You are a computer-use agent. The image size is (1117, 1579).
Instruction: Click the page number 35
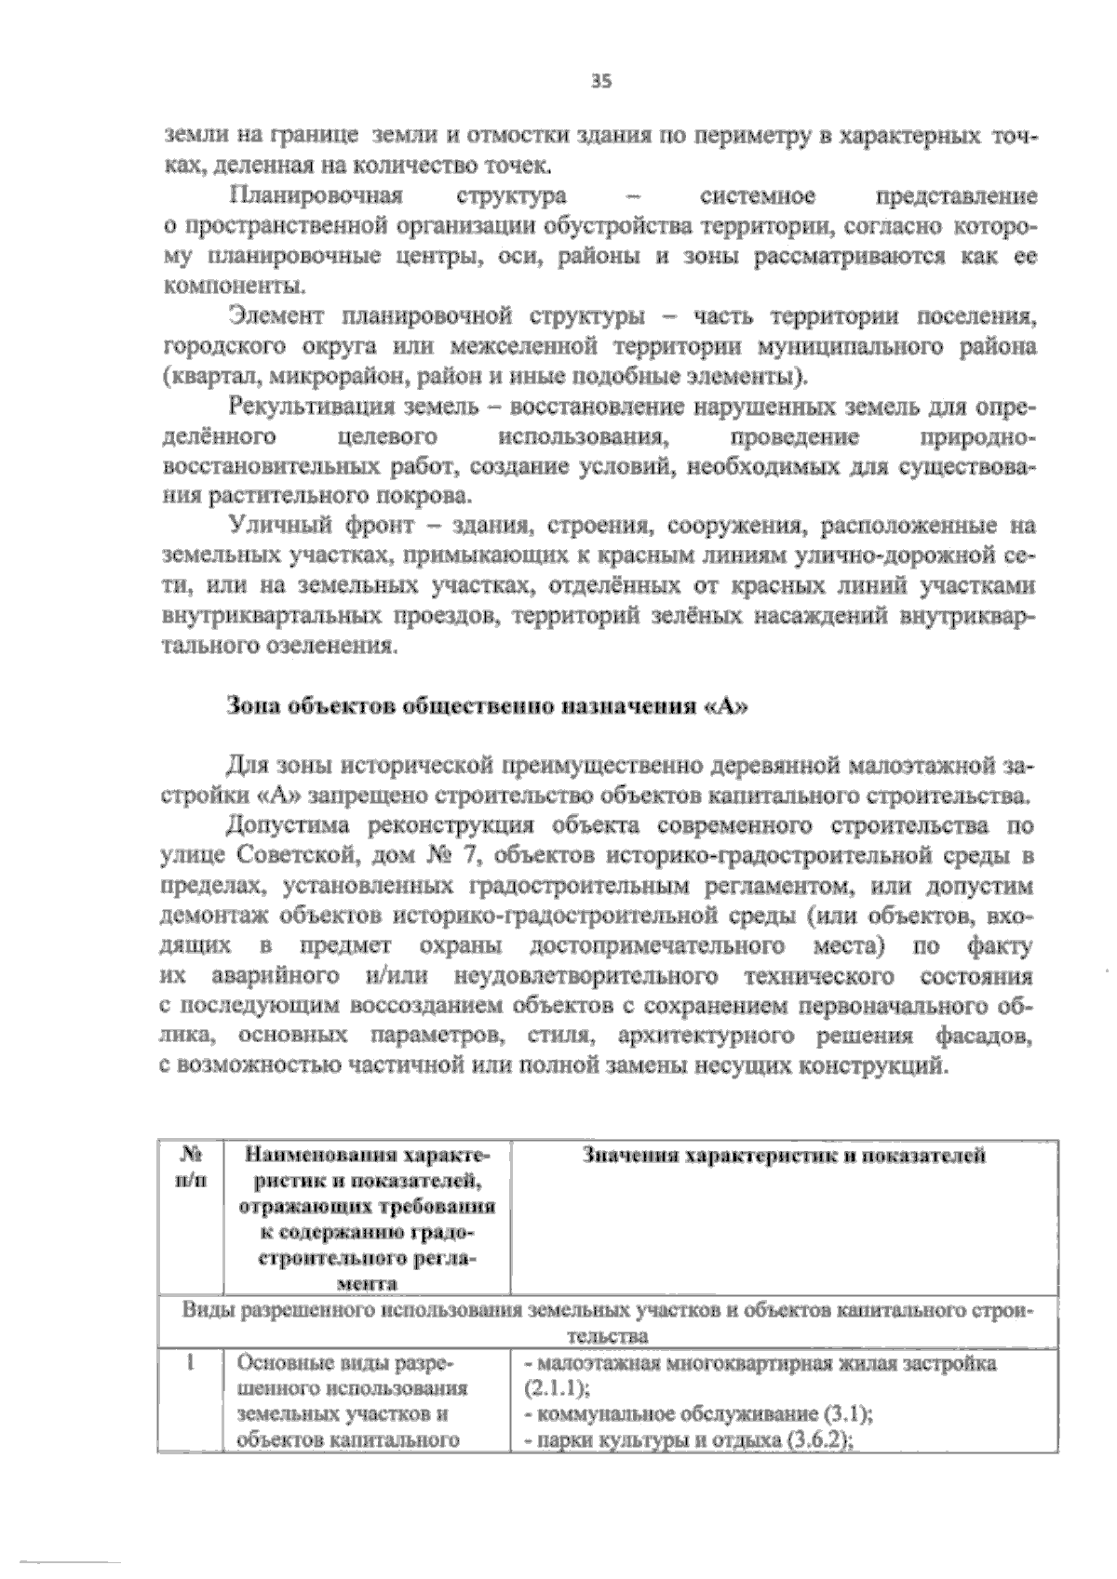click(601, 82)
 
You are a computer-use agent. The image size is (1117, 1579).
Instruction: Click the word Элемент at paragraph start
click(275, 318)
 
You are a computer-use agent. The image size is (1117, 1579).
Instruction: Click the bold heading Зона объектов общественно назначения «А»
click(488, 706)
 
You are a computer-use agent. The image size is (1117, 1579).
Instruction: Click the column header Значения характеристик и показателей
click(784, 1157)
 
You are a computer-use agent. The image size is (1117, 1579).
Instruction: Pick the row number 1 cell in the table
click(189, 1363)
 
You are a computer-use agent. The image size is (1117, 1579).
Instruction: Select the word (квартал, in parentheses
click(201, 378)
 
